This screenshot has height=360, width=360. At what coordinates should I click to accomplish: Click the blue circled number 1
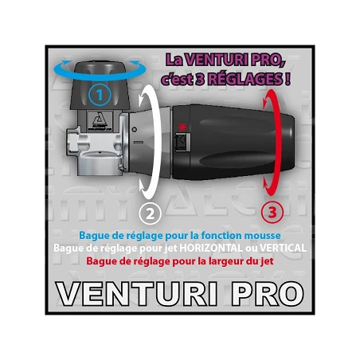[x=100, y=96]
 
